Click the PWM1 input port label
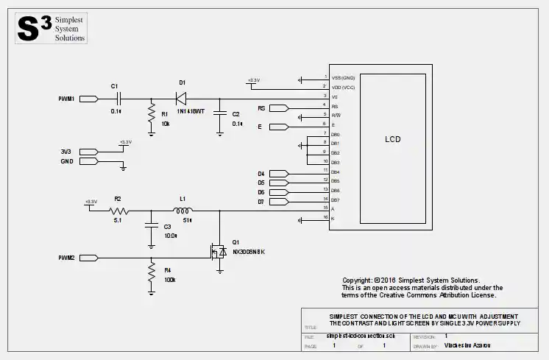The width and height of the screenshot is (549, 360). coord(66,98)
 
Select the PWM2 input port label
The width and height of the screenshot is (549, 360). coord(66,258)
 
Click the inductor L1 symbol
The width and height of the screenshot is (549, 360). coord(185,209)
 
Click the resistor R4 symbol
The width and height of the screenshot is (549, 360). coord(151,274)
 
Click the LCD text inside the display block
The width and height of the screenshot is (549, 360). coord(393,138)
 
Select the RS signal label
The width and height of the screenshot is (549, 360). coord(261,108)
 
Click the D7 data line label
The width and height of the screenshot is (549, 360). coord(261,201)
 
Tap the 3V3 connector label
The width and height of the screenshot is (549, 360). coord(65,152)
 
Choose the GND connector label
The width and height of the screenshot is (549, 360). coord(65,161)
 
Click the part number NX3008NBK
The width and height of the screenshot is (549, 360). coord(248,253)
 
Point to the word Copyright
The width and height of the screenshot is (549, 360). coord(357,280)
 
